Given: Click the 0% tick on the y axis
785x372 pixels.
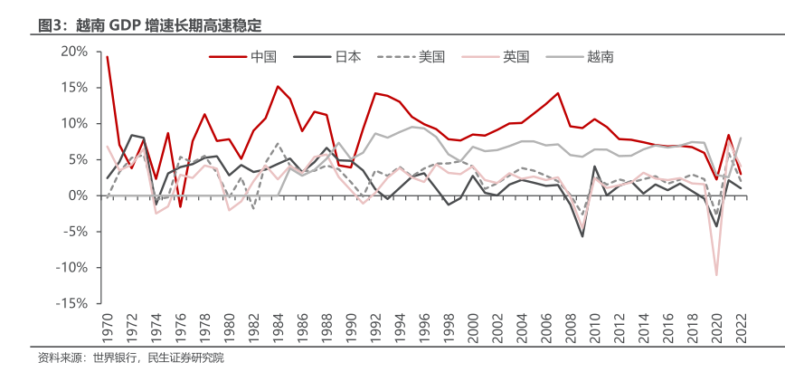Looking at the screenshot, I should (78, 196).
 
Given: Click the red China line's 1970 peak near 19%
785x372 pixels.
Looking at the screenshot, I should (108, 57).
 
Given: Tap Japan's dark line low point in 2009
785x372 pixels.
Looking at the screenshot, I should (582, 236).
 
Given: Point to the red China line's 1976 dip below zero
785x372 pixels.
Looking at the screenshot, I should (180, 207).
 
